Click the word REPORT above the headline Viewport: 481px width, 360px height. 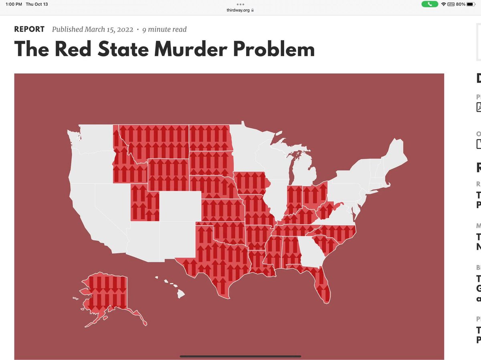(x=29, y=29)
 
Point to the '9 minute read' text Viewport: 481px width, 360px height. (x=164, y=29)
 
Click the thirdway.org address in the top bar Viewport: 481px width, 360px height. (x=238, y=10)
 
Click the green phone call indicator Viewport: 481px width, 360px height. (x=430, y=4)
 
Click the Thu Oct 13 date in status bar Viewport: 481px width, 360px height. (x=36, y=4)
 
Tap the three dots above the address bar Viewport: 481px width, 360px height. (x=240, y=4)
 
